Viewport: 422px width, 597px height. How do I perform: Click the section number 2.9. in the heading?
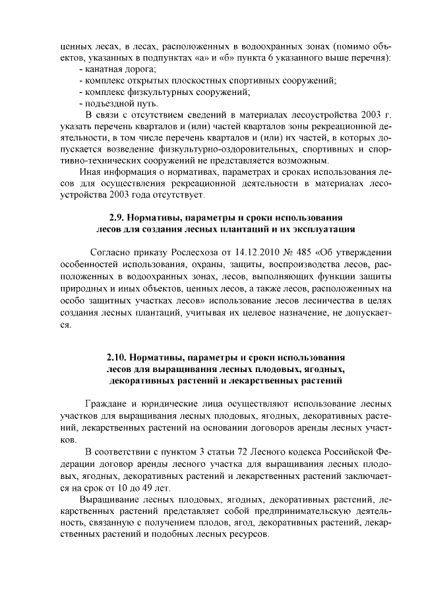117,217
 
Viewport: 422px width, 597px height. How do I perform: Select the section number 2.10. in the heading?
116,357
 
